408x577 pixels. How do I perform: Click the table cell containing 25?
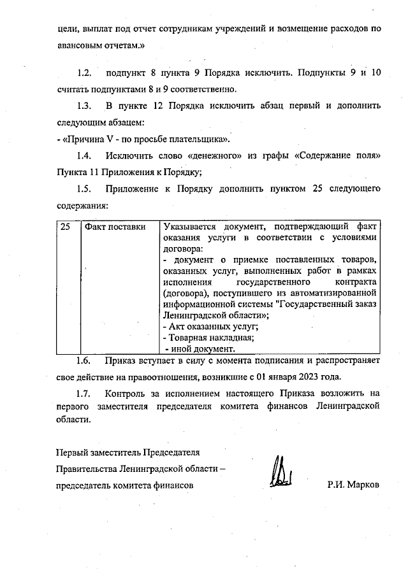pyautogui.click(x=65, y=227)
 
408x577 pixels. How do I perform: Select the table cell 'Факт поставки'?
pyautogui.click(x=111, y=227)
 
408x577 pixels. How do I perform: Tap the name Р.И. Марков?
pyautogui.click(x=353, y=485)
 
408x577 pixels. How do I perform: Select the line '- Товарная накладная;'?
pyautogui.click(x=208, y=338)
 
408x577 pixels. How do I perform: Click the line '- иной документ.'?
pyautogui.click(x=200, y=348)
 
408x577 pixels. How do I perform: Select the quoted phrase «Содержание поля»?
pyautogui.click(x=340, y=155)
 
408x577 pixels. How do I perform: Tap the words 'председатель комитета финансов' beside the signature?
pyautogui.click(x=124, y=485)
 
